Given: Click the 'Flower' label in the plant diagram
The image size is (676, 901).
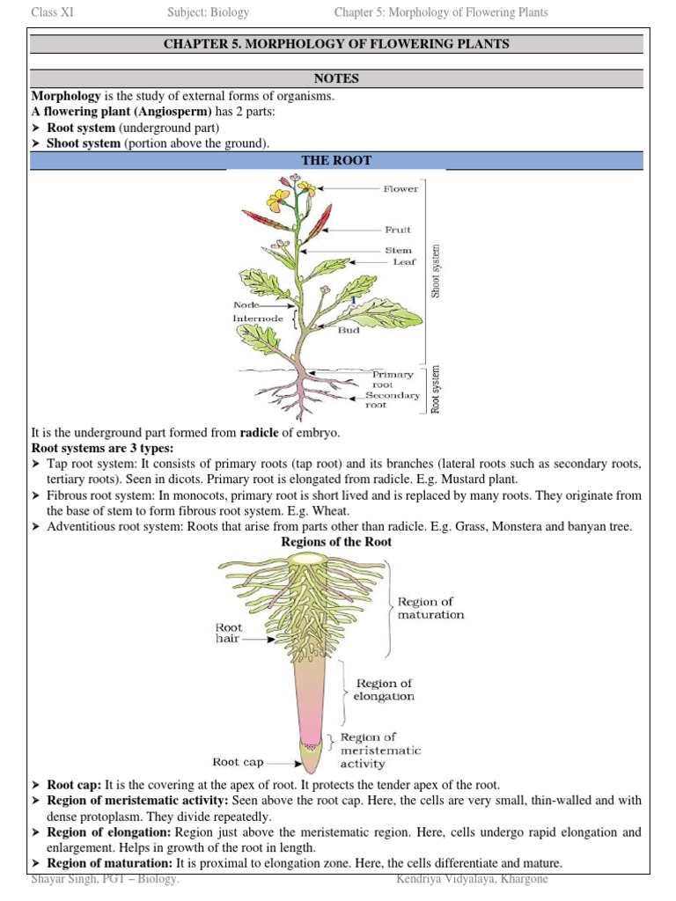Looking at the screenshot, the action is pos(400,188).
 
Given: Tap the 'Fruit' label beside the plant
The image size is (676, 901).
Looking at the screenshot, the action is pos(398,230).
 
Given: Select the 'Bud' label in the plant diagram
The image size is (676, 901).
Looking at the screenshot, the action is pos(349,331).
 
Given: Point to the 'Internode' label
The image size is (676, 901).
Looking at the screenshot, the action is pos(258,318).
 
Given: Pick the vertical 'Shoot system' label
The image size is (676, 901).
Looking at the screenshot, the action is pos(437,271).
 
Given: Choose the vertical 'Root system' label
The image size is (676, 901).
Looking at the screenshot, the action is pos(437,389).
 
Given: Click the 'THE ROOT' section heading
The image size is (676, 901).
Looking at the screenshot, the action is pos(337,160).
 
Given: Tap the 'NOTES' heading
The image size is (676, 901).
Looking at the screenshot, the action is pos(337,78).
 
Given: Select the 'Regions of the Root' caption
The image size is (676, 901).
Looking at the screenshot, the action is pos(336,542).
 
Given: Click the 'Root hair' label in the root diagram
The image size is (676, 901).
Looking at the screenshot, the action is pos(229,634).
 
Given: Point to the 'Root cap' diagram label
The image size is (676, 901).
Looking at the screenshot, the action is pos(238,762).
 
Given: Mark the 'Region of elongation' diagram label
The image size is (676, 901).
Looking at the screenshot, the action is pos(383,689).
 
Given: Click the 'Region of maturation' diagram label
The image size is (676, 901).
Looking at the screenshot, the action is pos(430,608).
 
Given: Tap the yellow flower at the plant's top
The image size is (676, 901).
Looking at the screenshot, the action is pos(279,199).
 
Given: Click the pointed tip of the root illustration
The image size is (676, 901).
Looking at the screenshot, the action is pos(310,767).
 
